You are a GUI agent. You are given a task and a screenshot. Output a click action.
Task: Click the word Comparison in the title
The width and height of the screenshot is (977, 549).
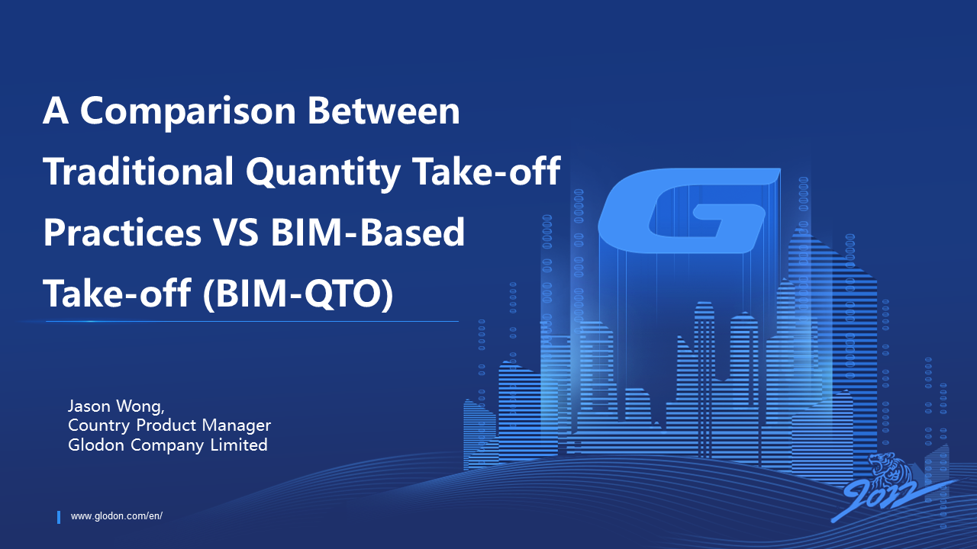click(x=189, y=112)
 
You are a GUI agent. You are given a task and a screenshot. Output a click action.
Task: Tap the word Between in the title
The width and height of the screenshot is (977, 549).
click(x=384, y=111)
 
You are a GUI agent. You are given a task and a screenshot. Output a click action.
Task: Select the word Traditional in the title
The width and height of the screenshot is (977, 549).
click(x=138, y=171)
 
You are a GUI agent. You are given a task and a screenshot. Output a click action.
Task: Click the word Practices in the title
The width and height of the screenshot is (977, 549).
click(x=123, y=232)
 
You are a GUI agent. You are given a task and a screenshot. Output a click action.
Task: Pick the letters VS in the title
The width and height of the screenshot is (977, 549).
click(x=236, y=232)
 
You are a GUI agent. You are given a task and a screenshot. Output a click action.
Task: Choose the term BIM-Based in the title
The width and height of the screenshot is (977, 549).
click(x=368, y=232)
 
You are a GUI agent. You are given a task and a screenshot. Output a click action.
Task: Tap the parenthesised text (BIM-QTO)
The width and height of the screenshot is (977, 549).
click(x=298, y=294)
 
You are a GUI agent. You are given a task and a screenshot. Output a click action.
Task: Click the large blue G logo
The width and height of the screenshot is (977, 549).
click(x=688, y=211)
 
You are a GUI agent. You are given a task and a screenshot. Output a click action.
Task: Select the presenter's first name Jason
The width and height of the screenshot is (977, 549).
click(x=89, y=406)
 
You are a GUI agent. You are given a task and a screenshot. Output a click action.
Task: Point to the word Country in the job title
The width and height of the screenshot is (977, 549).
click(x=98, y=425)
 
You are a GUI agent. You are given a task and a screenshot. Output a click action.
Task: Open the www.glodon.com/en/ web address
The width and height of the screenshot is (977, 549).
click(x=117, y=516)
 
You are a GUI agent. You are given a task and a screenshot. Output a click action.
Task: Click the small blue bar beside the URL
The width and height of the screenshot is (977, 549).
click(x=59, y=517)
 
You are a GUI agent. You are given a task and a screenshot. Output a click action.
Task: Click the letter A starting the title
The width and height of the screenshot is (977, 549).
click(x=56, y=111)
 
